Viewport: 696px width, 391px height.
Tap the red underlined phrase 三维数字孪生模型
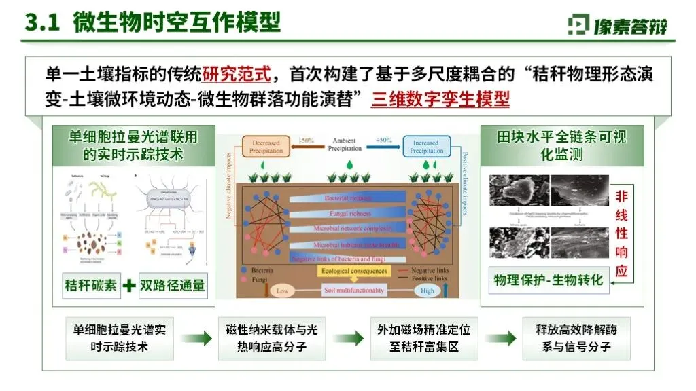point(440,100)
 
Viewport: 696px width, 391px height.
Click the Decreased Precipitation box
point(266,146)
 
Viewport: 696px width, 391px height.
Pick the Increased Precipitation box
point(427,146)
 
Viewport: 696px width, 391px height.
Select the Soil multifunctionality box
point(353,290)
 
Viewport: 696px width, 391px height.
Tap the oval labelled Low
point(281,291)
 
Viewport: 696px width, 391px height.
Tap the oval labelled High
point(428,291)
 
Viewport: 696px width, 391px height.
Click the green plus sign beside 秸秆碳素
point(128,285)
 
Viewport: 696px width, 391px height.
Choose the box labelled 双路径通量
point(173,285)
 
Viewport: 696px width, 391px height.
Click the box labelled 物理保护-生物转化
point(549,280)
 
